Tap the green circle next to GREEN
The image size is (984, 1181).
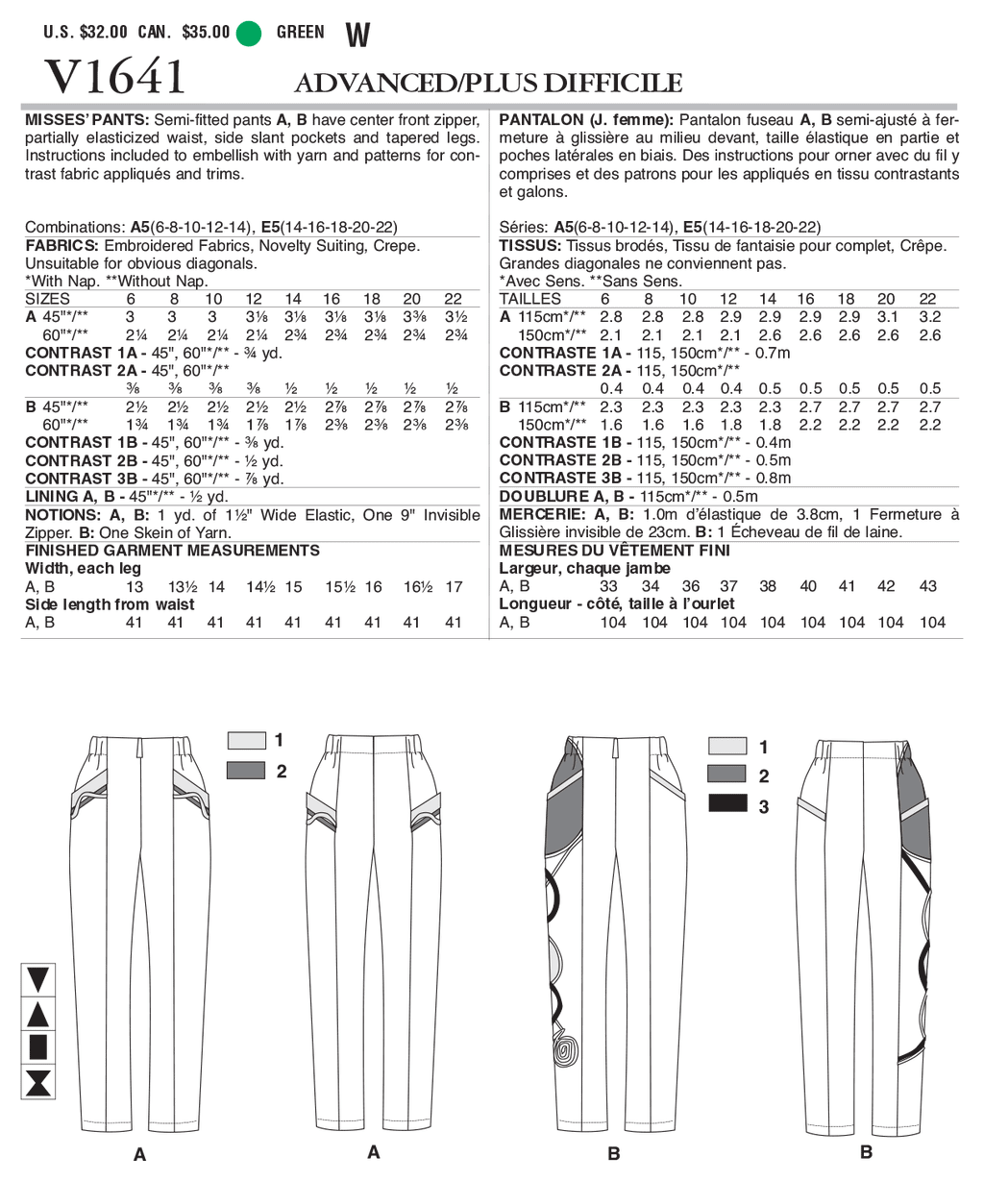pos(249,33)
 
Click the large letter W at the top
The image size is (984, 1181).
pos(357,36)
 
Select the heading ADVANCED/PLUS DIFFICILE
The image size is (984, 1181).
pos(488,84)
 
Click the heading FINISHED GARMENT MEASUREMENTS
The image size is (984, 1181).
pos(172,551)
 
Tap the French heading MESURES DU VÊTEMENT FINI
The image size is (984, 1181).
pos(614,551)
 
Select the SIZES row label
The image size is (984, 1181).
pos(47,299)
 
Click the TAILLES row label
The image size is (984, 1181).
pos(529,299)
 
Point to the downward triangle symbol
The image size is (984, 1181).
pos(38,980)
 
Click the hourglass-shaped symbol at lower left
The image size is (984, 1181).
pos(38,1082)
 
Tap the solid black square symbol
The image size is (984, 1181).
pos(38,1047)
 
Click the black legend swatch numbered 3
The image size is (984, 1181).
pos(727,804)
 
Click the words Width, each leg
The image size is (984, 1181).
pos(83,568)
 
